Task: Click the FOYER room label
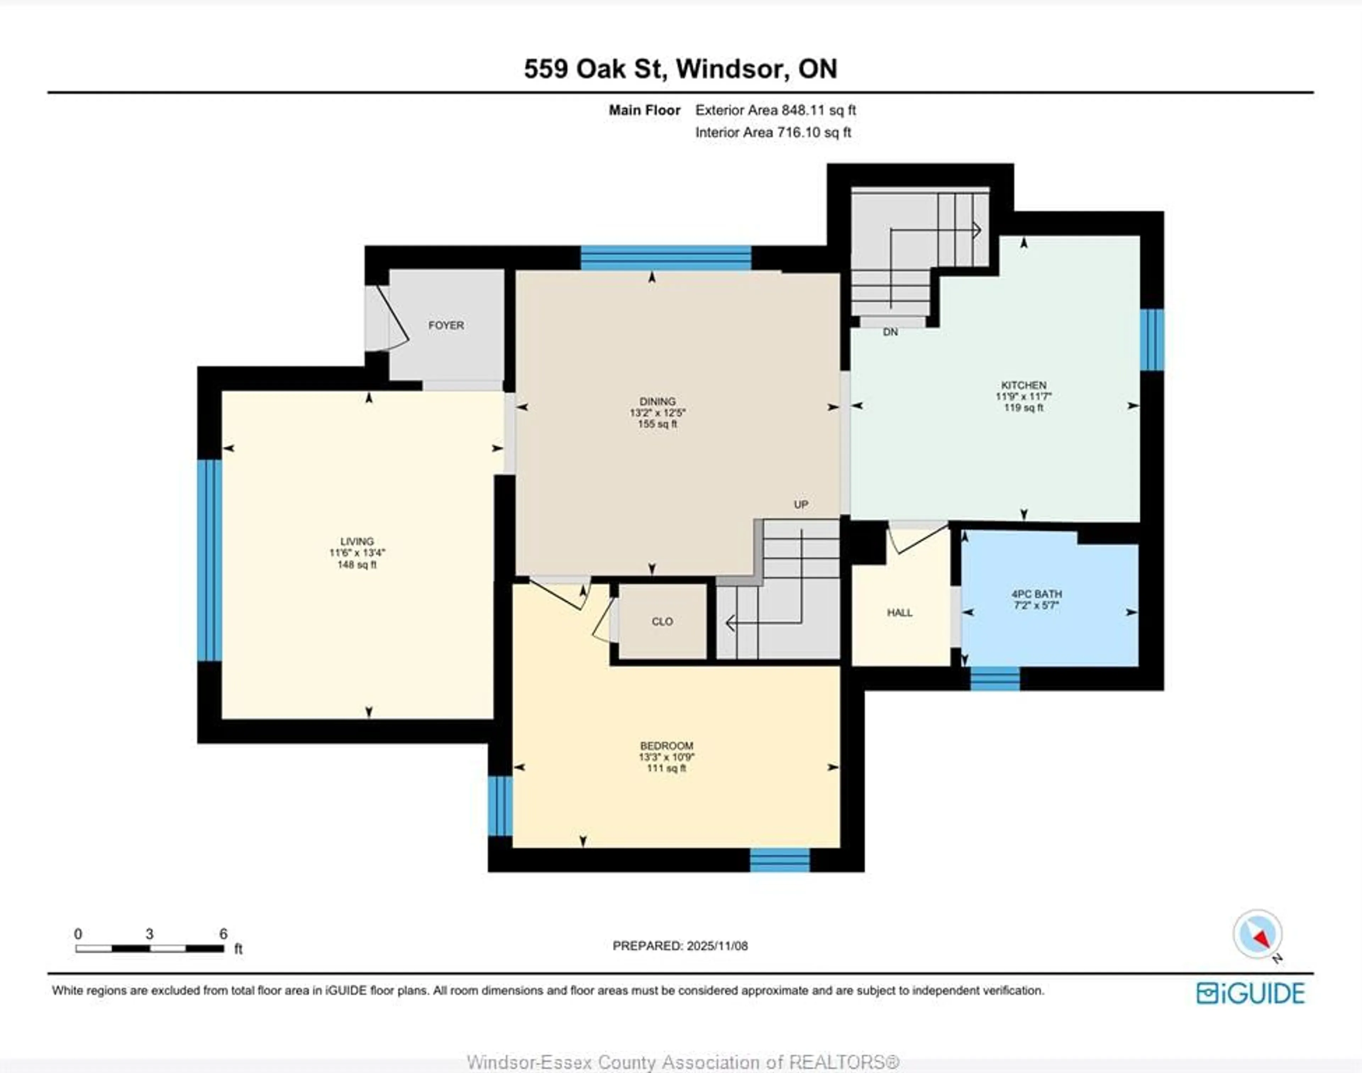(x=446, y=325)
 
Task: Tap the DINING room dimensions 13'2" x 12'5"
(x=658, y=413)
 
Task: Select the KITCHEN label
(x=1023, y=385)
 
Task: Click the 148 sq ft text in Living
(x=357, y=565)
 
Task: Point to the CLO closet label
(x=662, y=621)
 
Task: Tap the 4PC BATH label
(x=1037, y=594)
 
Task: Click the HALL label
(x=899, y=613)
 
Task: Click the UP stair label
(x=801, y=504)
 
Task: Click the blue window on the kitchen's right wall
(x=1152, y=340)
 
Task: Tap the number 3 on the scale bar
(x=150, y=934)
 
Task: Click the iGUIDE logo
(x=1250, y=993)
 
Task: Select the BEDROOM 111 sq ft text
(x=666, y=768)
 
